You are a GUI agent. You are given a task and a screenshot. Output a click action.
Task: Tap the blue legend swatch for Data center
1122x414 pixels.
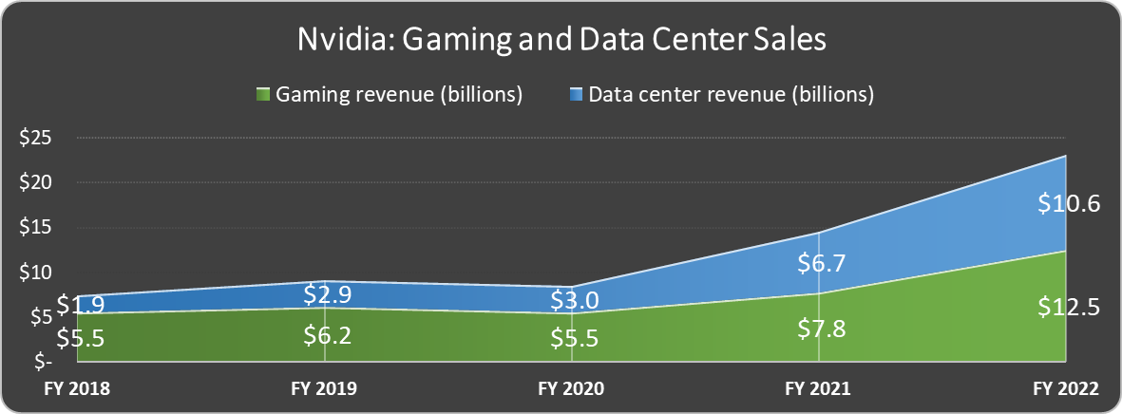[x=577, y=95]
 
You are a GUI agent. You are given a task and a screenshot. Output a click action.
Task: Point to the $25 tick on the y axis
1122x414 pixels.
[x=35, y=138]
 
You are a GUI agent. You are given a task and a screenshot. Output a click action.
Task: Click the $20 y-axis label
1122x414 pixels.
[x=35, y=182]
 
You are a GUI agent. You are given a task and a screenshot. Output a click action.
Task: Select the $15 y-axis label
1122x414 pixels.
[x=35, y=228]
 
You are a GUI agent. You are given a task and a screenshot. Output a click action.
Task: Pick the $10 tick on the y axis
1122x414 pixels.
[x=35, y=273]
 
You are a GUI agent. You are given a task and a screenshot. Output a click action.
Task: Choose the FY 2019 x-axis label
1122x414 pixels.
[x=324, y=389]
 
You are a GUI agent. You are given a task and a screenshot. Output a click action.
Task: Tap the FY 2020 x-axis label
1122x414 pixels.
[x=571, y=389]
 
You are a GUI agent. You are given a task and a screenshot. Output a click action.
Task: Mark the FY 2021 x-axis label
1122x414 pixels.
[x=818, y=389]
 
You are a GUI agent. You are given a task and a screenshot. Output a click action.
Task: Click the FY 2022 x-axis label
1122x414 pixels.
[x=1065, y=389]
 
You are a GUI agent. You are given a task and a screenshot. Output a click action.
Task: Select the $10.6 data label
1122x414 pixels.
[x=1065, y=203]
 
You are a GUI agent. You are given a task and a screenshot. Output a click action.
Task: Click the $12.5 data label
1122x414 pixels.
[x=1065, y=306]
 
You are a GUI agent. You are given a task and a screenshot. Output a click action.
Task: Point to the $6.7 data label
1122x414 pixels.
[x=818, y=263]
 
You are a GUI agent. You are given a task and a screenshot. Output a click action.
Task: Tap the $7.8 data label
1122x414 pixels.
[x=818, y=329]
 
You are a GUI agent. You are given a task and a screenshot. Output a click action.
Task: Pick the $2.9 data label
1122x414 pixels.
[x=324, y=293]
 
